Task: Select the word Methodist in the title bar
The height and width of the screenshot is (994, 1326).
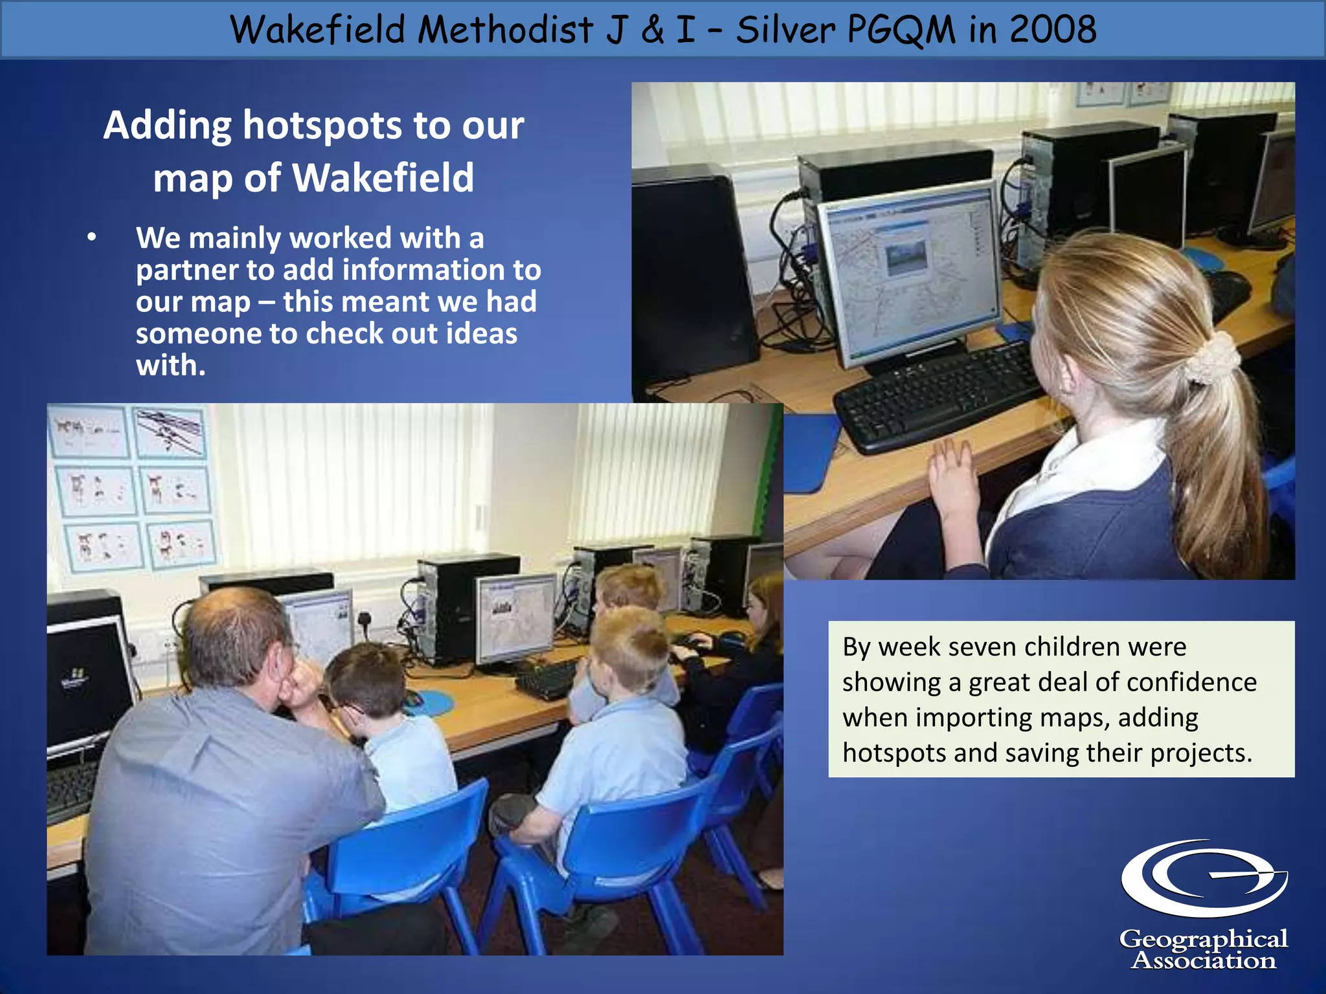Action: (x=505, y=30)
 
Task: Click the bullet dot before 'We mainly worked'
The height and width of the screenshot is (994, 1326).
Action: (x=92, y=237)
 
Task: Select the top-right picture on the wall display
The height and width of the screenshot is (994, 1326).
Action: (x=170, y=432)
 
